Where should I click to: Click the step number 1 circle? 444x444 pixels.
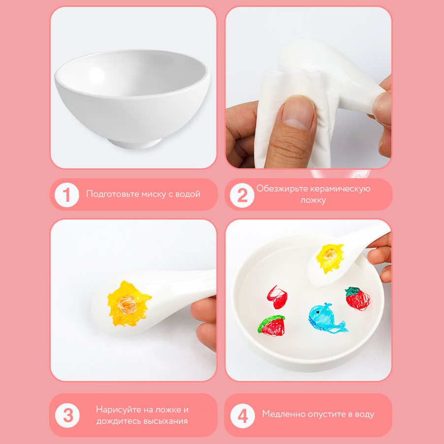point(67,195)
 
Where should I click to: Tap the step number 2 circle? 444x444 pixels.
point(242,195)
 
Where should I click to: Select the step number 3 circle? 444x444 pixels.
point(67,415)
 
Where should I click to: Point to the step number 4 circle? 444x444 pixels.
point(242,415)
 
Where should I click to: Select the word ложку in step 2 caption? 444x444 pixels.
point(313,200)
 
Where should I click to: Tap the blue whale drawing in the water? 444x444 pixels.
point(326,317)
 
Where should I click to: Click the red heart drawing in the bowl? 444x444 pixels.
point(277,297)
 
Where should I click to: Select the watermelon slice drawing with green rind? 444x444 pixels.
point(271,325)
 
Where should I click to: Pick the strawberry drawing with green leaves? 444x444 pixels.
point(358,298)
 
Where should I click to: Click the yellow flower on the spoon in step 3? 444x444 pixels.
point(128,304)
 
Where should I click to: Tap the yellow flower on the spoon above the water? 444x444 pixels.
point(330,257)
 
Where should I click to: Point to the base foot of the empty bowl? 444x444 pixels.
point(134,142)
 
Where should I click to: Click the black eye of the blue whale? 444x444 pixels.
point(318,312)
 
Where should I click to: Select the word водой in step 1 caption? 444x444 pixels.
point(188,194)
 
